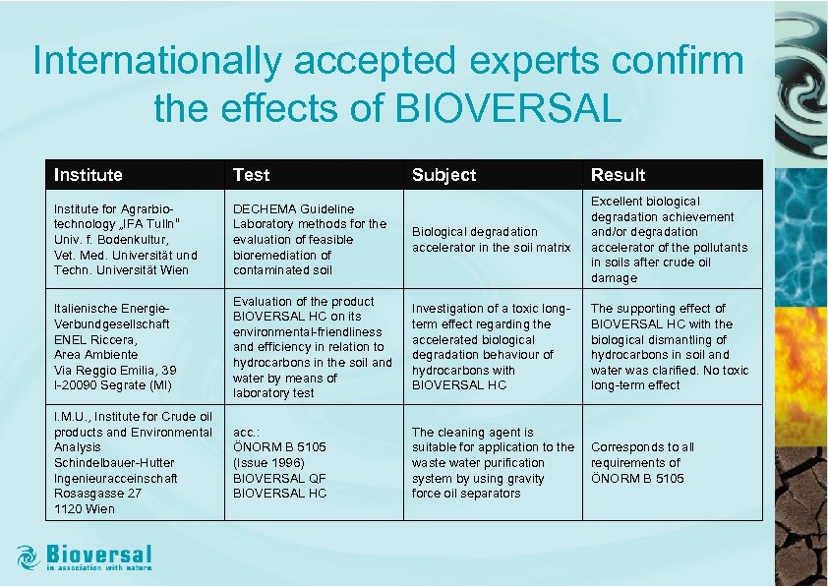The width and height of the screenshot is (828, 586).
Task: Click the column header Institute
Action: pyautogui.click(x=89, y=175)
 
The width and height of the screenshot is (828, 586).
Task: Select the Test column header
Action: pyautogui.click(x=251, y=175)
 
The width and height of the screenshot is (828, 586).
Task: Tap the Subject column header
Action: pyautogui.click(x=444, y=175)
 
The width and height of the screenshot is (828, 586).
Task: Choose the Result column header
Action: pyautogui.click(x=618, y=175)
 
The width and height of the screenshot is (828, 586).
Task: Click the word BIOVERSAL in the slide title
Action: pyautogui.click(x=508, y=108)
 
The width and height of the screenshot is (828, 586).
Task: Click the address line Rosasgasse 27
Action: pyautogui.click(x=97, y=494)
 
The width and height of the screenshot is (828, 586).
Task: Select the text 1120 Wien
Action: pyautogui.click(x=85, y=509)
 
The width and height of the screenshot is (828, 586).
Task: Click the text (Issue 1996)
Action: pyautogui.click(x=268, y=462)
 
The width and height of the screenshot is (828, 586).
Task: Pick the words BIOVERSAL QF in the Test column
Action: pyautogui.click(x=279, y=478)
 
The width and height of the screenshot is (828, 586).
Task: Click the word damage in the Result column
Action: pyautogui.click(x=614, y=278)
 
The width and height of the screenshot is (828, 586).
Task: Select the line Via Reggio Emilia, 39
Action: pyautogui.click(x=113, y=370)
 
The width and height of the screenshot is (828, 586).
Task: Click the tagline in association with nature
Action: pyautogui.click(x=99, y=567)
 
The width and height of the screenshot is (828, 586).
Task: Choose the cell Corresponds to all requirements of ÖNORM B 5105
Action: pyautogui.click(x=641, y=462)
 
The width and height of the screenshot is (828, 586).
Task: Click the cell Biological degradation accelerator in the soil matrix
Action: pyautogui.click(x=491, y=240)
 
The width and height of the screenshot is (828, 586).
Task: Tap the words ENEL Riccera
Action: pyautogui.click(x=95, y=339)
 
